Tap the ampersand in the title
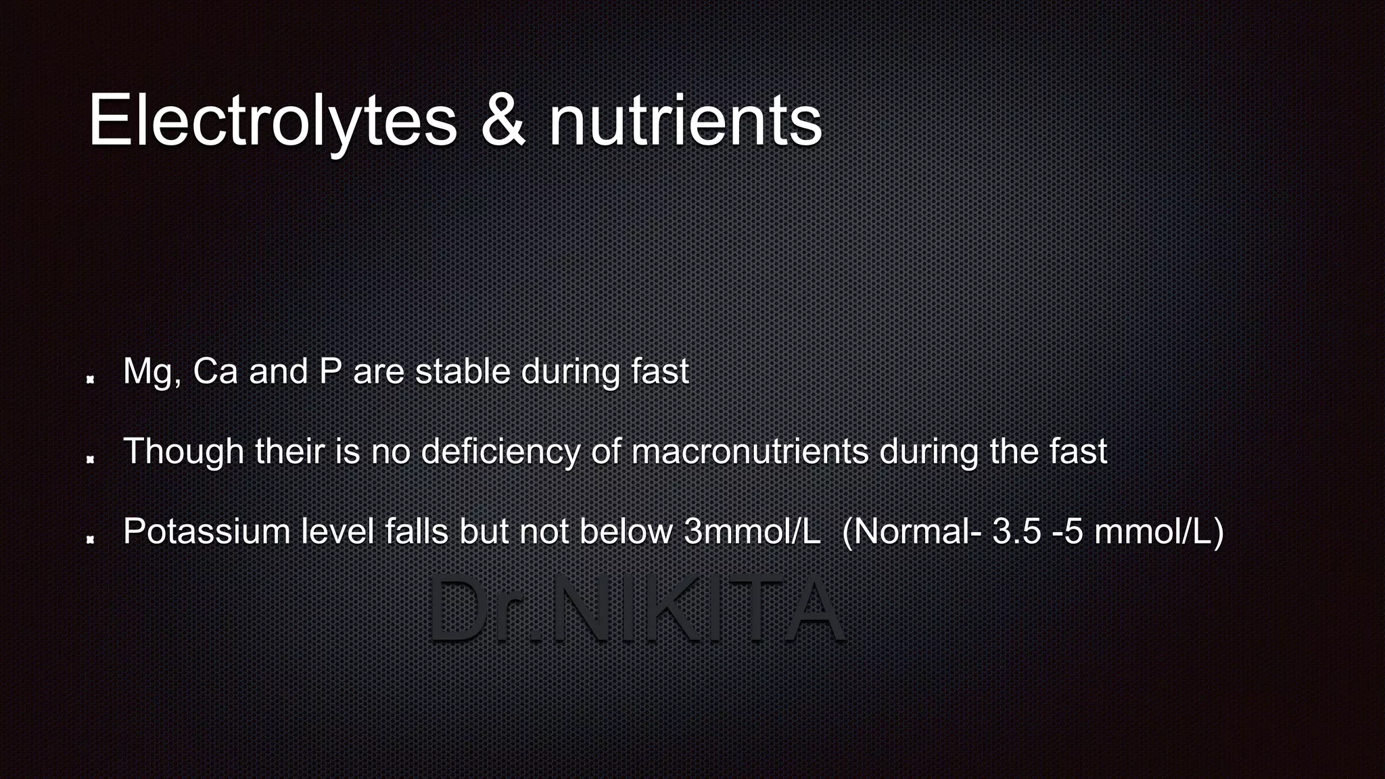coord(502,120)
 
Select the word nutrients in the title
coord(684,120)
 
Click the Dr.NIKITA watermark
coord(636,609)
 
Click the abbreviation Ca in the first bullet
coord(215,372)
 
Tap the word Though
coord(183,452)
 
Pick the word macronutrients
coord(749,452)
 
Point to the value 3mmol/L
coord(752,532)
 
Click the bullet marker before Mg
coord(90,379)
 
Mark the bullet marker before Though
coord(90,459)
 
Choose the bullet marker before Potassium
coord(90,539)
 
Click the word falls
coord(417,532)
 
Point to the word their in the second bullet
coord(289,452)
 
